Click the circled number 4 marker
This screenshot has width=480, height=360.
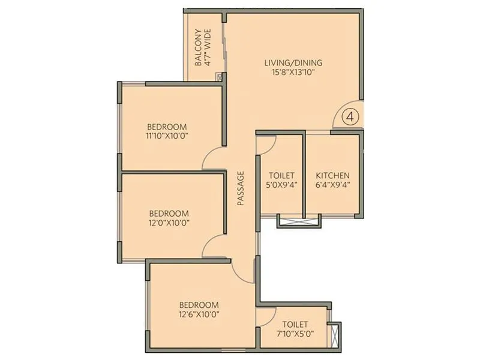point(352,116)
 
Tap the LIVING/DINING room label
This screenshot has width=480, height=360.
point(293,62)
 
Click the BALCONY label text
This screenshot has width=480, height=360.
point(198,47)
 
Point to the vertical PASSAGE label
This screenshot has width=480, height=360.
point(241,189)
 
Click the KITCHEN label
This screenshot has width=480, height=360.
point(332,175)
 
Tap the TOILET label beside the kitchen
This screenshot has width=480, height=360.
point(281,175)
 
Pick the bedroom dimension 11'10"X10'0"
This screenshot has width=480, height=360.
point(167,136)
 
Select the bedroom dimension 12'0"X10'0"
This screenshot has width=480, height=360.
point(169,223)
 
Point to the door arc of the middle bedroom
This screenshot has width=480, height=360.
point(212,246)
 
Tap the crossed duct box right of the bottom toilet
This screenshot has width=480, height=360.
point(335,334)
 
